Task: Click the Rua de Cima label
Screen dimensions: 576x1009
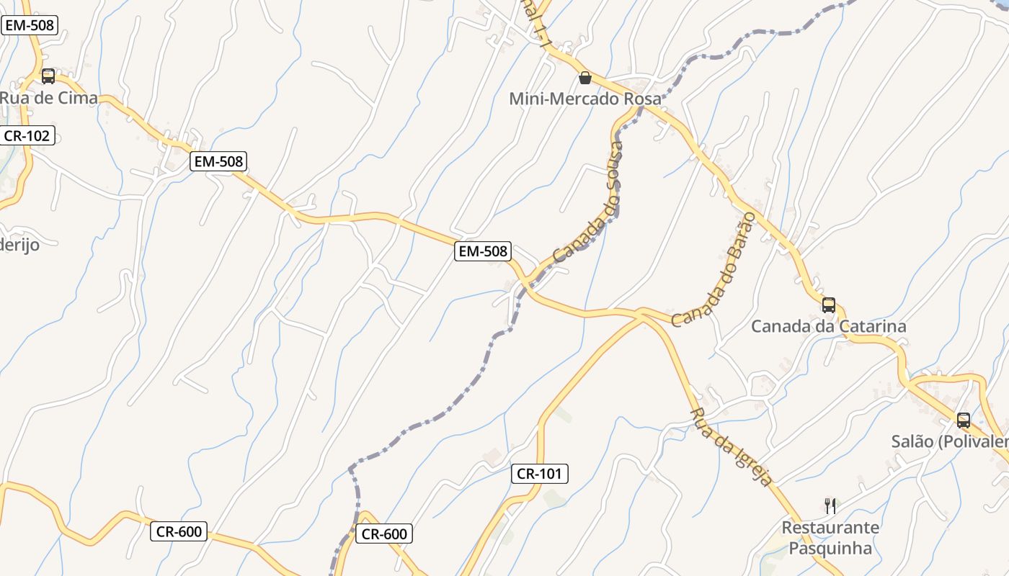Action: coord(49,98)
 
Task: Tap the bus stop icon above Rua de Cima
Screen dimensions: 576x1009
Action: coord(48,76)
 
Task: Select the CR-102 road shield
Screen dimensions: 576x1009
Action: coord(27,135)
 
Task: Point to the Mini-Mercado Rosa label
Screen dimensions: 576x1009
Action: coord(584,99)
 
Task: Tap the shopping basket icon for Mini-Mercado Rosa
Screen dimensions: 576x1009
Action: coord(585,77)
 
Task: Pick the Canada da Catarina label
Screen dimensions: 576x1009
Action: coord(828,326)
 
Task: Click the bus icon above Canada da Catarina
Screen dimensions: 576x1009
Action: coord(829,305)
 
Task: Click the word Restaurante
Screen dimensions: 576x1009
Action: coord(830,528)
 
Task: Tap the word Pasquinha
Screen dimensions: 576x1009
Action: coord(830,549)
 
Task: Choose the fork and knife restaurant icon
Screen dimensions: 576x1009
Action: coord(830,505)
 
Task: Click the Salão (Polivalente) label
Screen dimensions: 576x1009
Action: coord(950,441)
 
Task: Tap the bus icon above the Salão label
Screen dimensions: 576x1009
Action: coord(964,420)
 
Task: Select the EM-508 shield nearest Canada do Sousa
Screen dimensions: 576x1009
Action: coord(482,251)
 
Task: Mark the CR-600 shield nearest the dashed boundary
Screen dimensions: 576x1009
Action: coord(384,534)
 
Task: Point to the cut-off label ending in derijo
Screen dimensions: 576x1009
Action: coord(19,244)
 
